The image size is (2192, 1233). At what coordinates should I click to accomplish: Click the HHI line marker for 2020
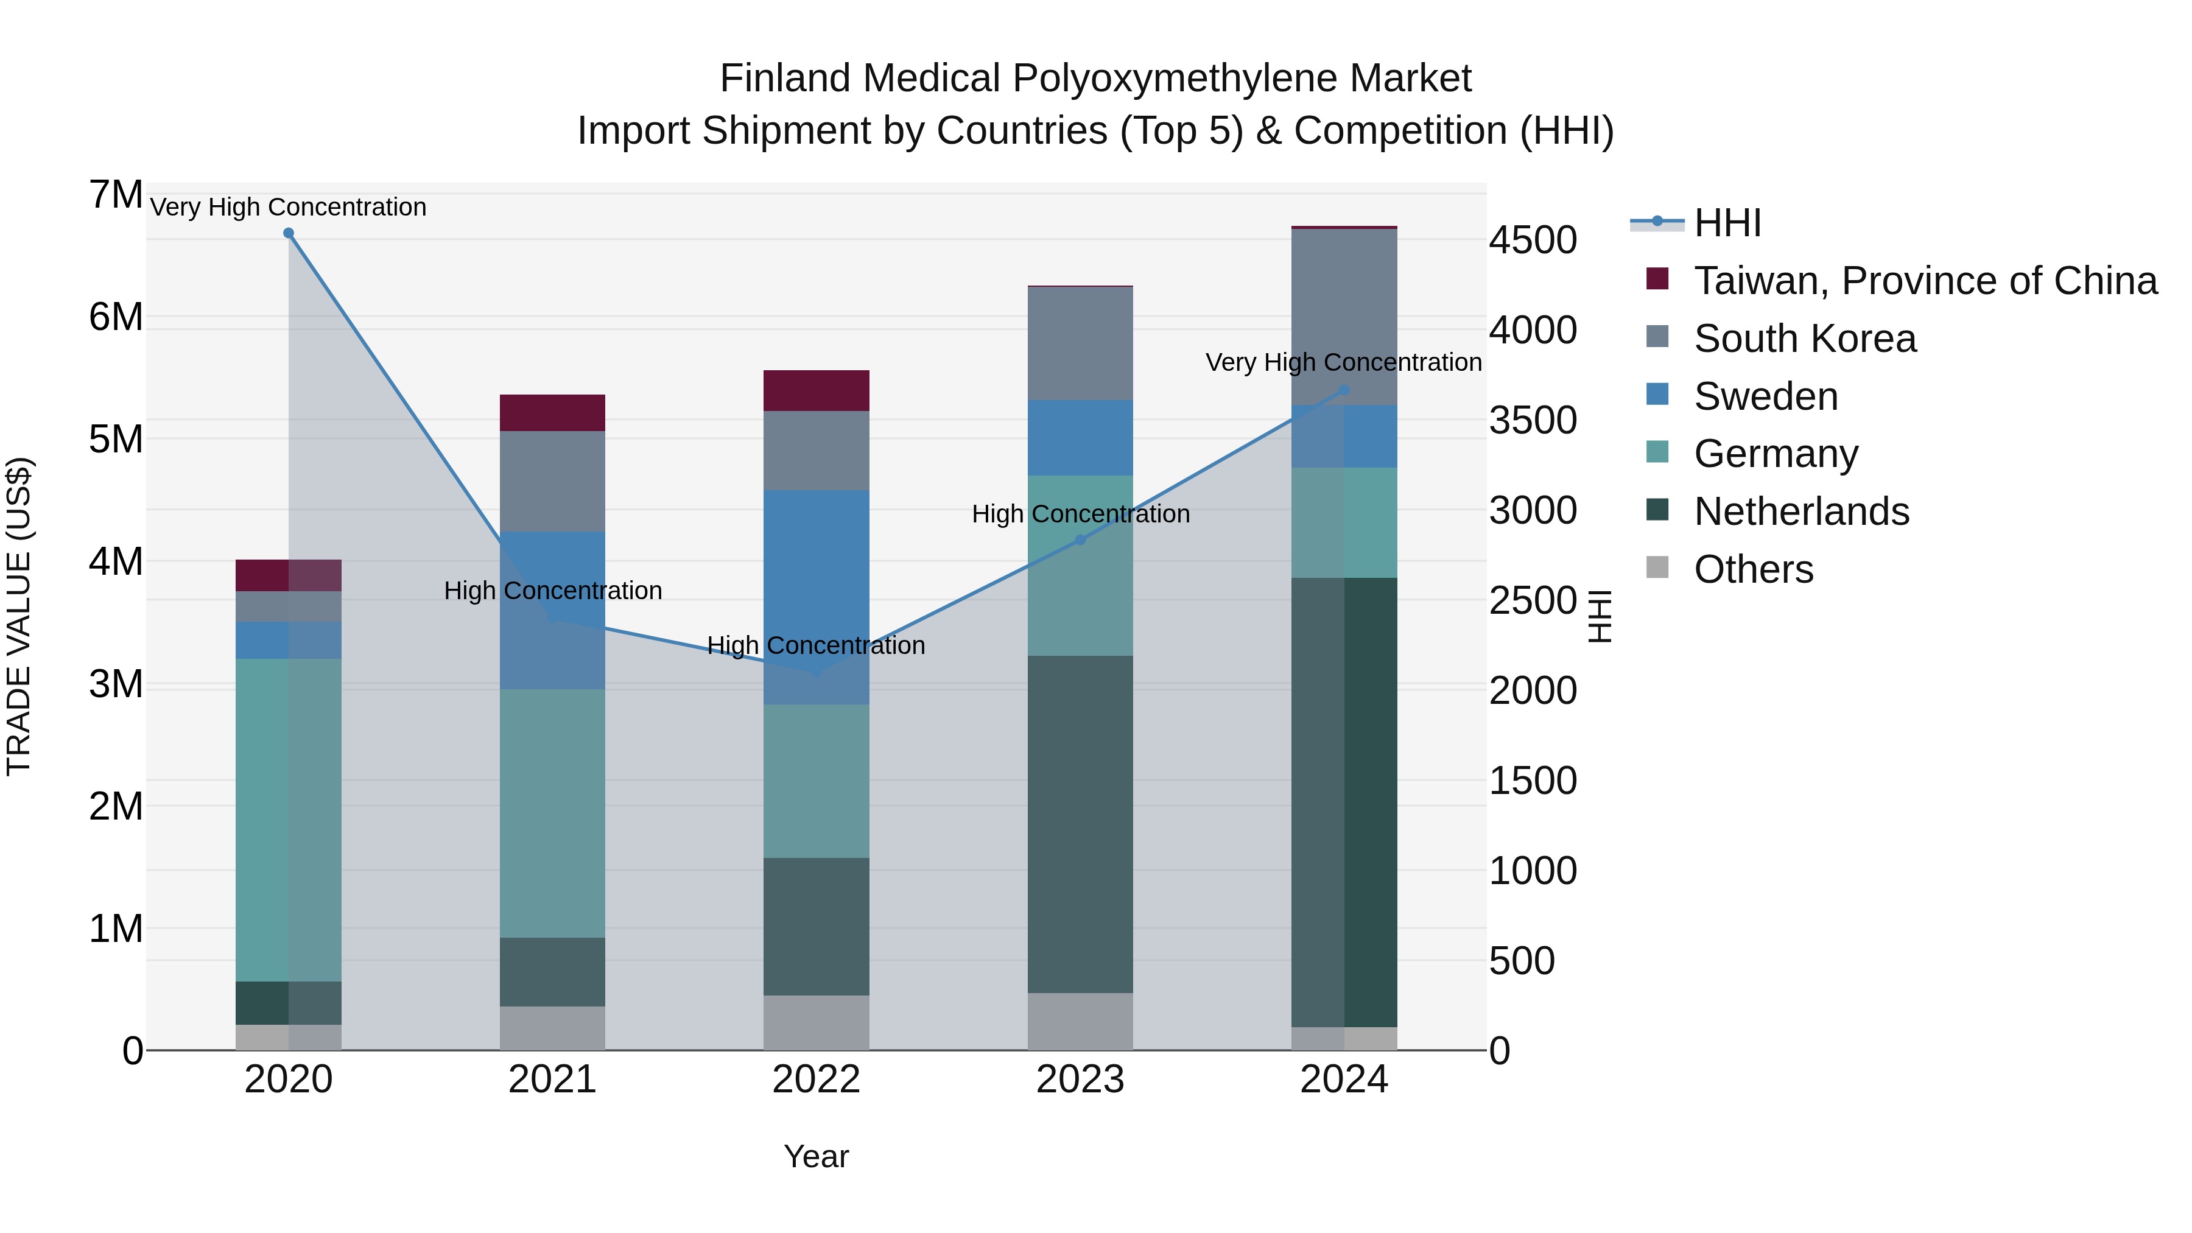[x=289, y=233]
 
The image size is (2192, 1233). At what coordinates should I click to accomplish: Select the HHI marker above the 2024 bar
[x=1344, y=390]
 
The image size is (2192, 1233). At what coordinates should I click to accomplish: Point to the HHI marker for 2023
[x=1080, y=540]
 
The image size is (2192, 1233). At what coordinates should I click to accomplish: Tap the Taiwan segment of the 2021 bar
[x=552, y=413]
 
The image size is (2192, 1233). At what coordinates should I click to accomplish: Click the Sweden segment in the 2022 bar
[x=816, y=595]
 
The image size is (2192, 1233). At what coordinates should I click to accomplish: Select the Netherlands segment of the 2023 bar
[x=1080, y=824]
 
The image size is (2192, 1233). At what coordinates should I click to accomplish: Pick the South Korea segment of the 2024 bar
[x=1344, y=317]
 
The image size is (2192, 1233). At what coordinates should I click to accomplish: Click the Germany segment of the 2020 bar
[x=289, y=820]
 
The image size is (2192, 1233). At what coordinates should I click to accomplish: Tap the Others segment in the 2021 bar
[x=552, y=1028]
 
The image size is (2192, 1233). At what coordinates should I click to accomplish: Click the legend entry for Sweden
[x=1766, y=396]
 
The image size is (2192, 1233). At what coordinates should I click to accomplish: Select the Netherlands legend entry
[x=1802, y=511]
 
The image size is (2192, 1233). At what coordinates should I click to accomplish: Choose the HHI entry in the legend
[x=1727, y=223]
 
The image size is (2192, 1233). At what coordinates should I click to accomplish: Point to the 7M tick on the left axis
[x=116, y=195]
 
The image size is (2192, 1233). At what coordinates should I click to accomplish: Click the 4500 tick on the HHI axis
[x=1533, y=240]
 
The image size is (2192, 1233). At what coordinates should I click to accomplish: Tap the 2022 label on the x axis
[x=816, y=1080]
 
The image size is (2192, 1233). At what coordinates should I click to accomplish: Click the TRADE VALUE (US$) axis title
[x=19, y=616]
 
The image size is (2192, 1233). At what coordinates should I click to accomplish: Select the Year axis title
[x=816, y=1156]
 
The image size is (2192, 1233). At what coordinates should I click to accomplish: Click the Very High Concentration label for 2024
[x=1344, y=362]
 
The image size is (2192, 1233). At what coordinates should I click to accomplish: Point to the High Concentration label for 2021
[x=552, y=591]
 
